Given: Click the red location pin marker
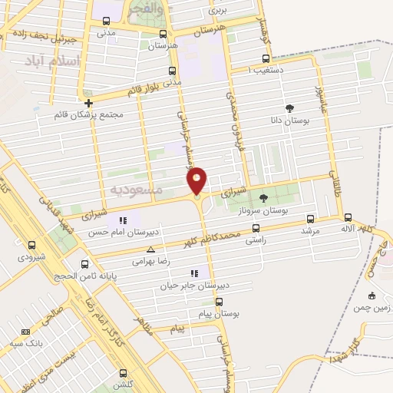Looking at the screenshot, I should [197, 180].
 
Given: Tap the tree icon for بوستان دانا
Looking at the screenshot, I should [289, 108].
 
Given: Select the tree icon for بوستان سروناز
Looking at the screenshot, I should [264, 198].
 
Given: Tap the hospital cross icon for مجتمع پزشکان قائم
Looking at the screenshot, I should [88, 102].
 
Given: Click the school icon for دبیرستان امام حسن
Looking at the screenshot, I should [124, 221].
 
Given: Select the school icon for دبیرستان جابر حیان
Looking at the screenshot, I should [194, 272].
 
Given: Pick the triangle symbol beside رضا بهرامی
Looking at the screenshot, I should [150, 249].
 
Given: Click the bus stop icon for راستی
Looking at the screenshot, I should [256, 228].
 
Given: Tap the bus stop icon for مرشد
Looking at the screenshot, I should [310, 218].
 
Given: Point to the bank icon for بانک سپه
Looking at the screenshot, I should [26, 332].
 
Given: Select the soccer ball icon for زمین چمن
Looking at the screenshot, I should [372, 296].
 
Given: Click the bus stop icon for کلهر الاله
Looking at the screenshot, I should [348, 217].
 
